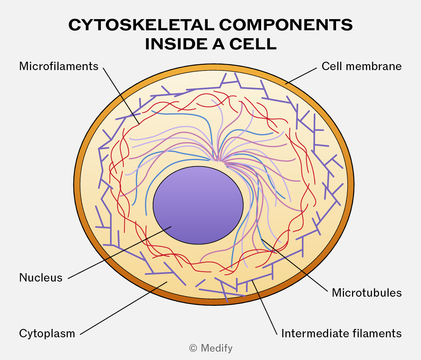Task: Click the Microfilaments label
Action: point(59,66)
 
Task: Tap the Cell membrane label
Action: point(361,66)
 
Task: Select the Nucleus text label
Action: point(41,278)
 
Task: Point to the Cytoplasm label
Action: point(47,334)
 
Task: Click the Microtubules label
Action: point(367,293)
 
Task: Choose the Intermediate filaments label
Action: point(341,333)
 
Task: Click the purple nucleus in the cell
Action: point(198,205)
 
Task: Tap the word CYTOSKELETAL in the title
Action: point(141,25)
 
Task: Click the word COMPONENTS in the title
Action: point(286,25)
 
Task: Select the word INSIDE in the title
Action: point(177,44)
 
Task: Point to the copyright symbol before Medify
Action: point(193,348)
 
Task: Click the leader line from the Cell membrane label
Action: point(301,76)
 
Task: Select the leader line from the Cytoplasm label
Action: point(124,308)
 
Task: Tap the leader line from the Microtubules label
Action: point(295,265)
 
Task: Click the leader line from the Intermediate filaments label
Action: point(264,307)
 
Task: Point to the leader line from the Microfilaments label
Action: point(121,96)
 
